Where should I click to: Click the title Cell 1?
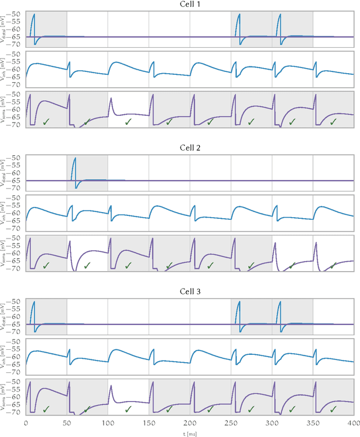point(190,4)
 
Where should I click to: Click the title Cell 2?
point(190,148)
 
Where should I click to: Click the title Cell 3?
point(190,292)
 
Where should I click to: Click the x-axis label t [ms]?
point(190,433)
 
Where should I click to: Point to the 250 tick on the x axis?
point(231,421)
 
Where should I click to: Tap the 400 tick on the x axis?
point(353,421)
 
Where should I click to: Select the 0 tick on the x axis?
point(26,421)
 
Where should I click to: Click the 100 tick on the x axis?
point(108,421)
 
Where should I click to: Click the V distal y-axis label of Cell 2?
point(5,175)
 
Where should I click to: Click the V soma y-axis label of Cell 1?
point(5,110)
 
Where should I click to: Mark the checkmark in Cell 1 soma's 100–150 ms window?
point(128,121)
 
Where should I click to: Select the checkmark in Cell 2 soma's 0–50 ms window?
point(46,265)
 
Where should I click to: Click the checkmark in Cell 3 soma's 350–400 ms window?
point(333,409)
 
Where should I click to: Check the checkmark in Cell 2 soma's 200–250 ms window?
point(210,265)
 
